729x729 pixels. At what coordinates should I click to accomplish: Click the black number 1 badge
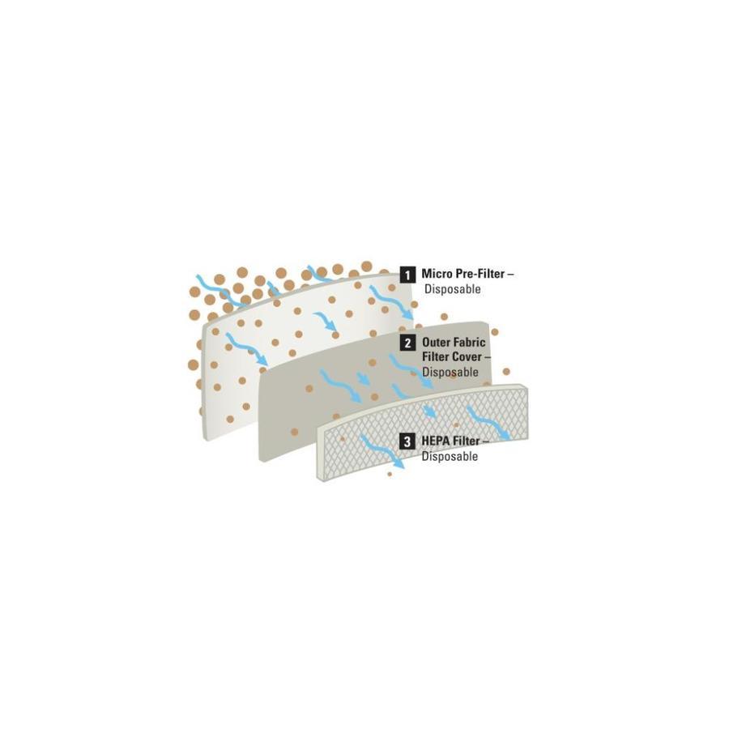(407, 275)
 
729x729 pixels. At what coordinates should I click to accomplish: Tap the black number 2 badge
(407, 343)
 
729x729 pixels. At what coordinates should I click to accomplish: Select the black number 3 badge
(407, 441)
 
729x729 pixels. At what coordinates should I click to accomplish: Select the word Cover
(467, 357)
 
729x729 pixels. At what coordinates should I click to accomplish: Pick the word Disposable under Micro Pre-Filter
(452, 288)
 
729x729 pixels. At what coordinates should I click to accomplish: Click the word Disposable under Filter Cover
(450, 372)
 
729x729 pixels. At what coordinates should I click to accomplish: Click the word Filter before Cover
(436, 357)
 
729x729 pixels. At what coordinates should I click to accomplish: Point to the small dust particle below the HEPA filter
(390, 474)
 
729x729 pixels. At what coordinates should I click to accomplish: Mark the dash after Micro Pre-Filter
(510, 275)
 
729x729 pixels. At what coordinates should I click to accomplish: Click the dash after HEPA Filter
(486, 441)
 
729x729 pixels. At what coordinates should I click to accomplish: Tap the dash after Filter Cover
(488, 357)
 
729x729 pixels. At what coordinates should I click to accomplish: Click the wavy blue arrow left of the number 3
(382, 451)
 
